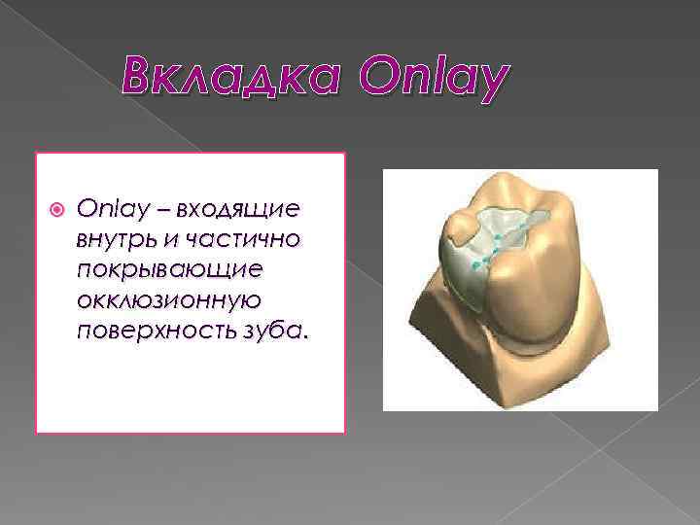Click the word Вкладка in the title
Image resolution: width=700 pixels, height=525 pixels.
[231, 76]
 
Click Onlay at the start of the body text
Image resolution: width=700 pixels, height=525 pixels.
[103, 209]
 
